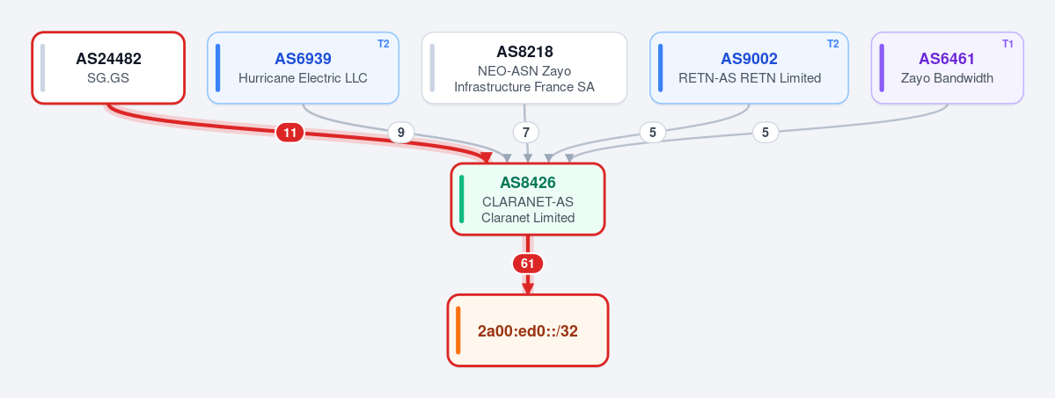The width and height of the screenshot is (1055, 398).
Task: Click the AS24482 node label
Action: tap(108, 59)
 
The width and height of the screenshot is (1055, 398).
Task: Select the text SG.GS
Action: tap(108, 78)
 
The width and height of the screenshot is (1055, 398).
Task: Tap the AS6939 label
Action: tap(303, 59)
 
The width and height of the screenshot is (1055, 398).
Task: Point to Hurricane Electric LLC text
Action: tap(303, 78)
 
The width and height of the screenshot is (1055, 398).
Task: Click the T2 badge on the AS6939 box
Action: tap(383, 44)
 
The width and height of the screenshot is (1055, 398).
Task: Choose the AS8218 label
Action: tap(524, 52)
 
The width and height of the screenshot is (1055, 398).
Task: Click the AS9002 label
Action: tap(749, 59)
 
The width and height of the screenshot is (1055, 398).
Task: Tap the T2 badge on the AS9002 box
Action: tap(832, 44)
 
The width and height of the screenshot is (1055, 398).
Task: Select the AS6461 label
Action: tap(947, 59)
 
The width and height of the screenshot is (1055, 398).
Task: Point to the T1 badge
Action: tap(1007, 44)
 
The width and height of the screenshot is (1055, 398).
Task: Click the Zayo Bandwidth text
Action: tap(947, 78)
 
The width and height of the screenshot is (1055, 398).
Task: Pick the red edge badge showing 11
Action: tap(290, 134)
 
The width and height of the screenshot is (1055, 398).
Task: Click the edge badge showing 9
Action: tap(401, 133)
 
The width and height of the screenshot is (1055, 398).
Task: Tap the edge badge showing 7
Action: tap(526, 133)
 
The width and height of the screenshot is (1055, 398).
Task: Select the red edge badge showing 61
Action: tap(528, 264)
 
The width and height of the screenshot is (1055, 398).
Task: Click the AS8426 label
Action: tap(528, 182)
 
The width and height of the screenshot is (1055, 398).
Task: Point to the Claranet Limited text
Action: tap(528, 217)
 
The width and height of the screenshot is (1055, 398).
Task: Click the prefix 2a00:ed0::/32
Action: tap(528, 330)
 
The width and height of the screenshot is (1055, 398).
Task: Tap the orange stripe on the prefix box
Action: tap(458, 330)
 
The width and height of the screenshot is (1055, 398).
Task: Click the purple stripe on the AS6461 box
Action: tap(882, 68)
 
